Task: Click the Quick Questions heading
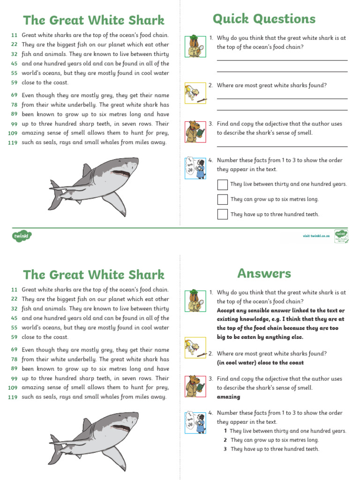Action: pos(264,19)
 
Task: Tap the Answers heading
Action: pos(264,273)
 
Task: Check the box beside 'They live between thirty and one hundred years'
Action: pos(223,184)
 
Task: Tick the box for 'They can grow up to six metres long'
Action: pos(223,199)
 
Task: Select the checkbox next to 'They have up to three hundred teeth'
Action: pos(223,214)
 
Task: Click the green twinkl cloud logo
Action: pos(21,236)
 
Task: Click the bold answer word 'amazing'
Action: pos(228,397)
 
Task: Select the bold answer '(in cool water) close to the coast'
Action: pos(260,362)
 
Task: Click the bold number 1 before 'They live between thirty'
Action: pos(225,431)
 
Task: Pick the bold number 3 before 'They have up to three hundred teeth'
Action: pos(225,449)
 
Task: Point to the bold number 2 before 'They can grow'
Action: pos(225,440)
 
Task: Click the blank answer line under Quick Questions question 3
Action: pos(282,146)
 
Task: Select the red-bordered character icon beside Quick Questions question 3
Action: pos(195,131)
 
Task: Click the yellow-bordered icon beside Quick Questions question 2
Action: pos(195,93)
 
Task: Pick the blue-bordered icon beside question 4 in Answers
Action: pos(195,422)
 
